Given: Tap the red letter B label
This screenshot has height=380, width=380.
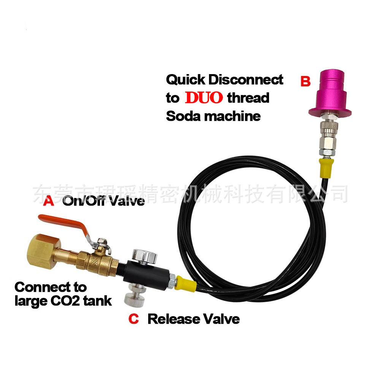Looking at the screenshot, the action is (x=306, y=81).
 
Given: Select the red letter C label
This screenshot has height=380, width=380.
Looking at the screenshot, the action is (x=134, y=319).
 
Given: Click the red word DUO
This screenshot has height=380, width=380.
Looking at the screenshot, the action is (x=204, y=98).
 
